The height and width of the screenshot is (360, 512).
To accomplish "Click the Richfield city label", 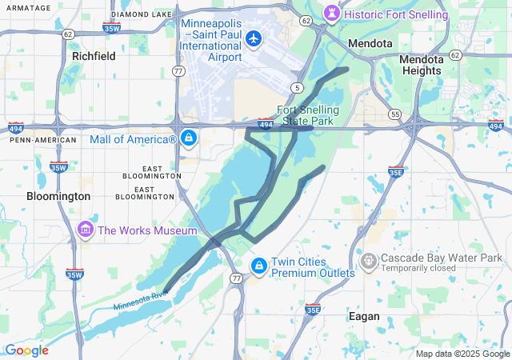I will [x=94, y=56].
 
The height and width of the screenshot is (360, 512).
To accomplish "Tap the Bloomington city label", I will [x=58, y=196].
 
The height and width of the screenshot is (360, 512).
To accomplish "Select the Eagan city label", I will [x=364, y=316].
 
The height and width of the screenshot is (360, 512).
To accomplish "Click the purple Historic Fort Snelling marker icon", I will [x=332, y=14].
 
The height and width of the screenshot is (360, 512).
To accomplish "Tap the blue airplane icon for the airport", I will [x=254, y=38].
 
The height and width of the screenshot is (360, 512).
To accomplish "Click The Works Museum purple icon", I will [x=86, y=230].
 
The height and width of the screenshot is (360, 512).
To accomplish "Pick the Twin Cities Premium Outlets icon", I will [x=259, y=266].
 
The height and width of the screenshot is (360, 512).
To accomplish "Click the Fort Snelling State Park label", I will [x=309, y=115].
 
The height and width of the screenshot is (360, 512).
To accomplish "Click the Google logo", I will [x=26, y=350].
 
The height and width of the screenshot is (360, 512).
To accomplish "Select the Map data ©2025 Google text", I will [x=462, y=354].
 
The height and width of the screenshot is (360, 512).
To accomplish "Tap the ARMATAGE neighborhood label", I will [x=24, y=7].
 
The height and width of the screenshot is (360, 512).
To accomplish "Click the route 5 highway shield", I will [x=296, y=86].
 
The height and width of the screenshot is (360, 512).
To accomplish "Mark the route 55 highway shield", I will [x=394, y=114].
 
